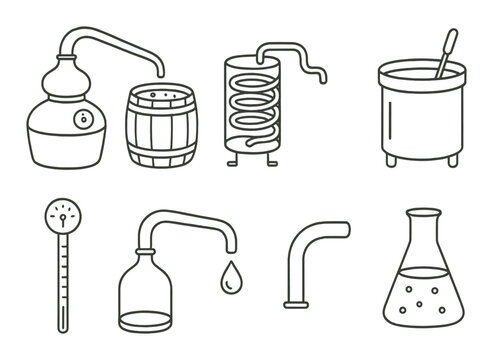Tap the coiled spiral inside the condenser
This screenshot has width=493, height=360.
coord(248,105)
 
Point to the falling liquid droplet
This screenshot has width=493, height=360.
coord(231,277)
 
